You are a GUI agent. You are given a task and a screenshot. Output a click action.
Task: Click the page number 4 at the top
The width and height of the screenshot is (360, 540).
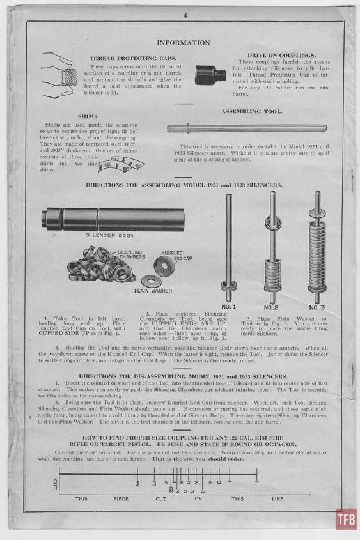pos(184,14)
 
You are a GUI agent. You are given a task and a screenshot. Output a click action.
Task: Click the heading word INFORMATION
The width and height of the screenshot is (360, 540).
pos(183,43)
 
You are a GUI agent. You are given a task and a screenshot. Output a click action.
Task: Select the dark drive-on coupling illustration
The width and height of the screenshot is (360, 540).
pos(210,75)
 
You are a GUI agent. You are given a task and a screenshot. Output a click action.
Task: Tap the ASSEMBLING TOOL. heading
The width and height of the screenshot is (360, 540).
pos(252,111)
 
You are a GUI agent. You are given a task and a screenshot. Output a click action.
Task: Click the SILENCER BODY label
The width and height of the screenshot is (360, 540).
pos(109,235)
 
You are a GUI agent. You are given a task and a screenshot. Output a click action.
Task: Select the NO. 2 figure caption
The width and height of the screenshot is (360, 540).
pos(271,307)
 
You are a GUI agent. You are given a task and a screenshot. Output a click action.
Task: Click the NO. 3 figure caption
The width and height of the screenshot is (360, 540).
pos(316,307)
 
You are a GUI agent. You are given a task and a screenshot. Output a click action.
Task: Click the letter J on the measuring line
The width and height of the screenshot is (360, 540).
pos(256,477)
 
